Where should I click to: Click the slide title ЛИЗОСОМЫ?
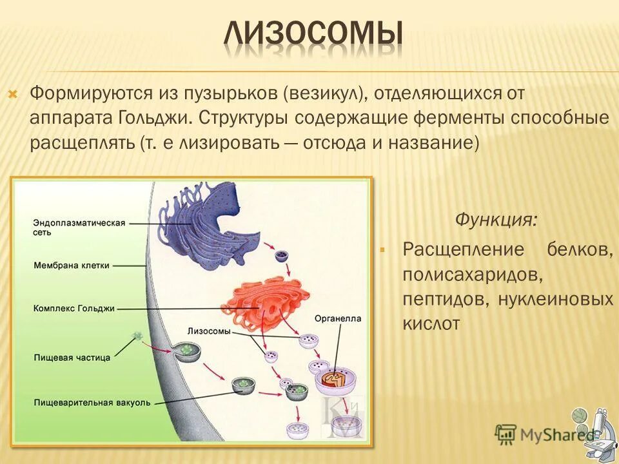(x=314, y=36)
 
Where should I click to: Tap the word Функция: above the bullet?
(x=495, y=220)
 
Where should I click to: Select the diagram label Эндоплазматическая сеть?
(x=79, y=227)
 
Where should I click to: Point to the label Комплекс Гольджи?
(x=74, y=309)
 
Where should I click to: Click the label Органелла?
(x=338, y=318)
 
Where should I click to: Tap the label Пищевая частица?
(x=72, y=356)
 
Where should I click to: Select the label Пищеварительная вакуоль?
(x=92, y=403)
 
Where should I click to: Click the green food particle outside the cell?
(x=137, y=336)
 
